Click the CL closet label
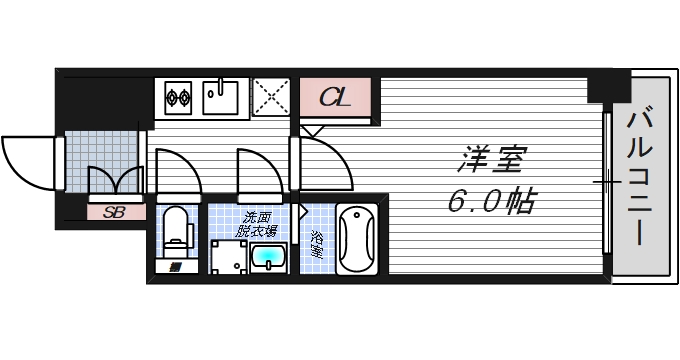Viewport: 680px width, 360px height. click(x=335, y=98)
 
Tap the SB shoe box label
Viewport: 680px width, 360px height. click(x=114, y=212)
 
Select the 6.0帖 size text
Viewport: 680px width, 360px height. click(x=490, y=203)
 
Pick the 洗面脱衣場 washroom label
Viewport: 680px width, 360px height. click(x=256, y=223)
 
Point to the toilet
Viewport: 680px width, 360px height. click(x=177, y=227)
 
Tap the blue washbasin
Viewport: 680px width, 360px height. click(x=268, y=257)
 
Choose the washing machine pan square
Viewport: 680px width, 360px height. click(x=228, y=257)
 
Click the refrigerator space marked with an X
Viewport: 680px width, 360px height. click(x=271, y=97)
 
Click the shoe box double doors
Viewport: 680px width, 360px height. click(x=117, y=180)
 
